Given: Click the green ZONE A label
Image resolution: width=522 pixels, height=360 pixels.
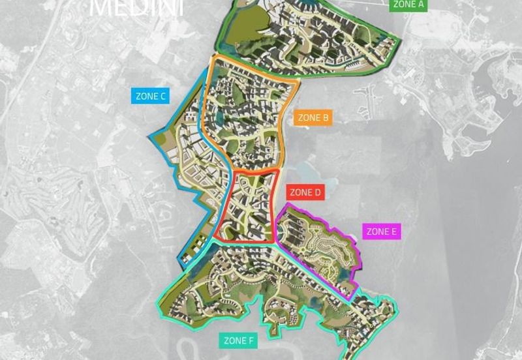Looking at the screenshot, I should coord(408,5).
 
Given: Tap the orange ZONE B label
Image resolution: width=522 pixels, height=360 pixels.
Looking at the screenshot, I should coord(313,118).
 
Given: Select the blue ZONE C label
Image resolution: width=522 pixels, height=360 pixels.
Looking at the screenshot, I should coord(151,97).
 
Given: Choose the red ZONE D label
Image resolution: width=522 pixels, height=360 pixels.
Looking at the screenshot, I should coord(305,192).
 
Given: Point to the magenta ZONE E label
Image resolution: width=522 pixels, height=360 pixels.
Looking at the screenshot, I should coord(382,232).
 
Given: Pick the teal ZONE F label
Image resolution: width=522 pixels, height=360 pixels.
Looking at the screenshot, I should coord(238,340).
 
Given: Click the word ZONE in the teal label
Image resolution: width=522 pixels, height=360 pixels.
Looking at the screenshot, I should coord(234,340).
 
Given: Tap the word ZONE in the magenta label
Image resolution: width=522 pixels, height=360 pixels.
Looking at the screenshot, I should coord(376,232).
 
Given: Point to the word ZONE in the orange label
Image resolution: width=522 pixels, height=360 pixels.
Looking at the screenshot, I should coord(308,118).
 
